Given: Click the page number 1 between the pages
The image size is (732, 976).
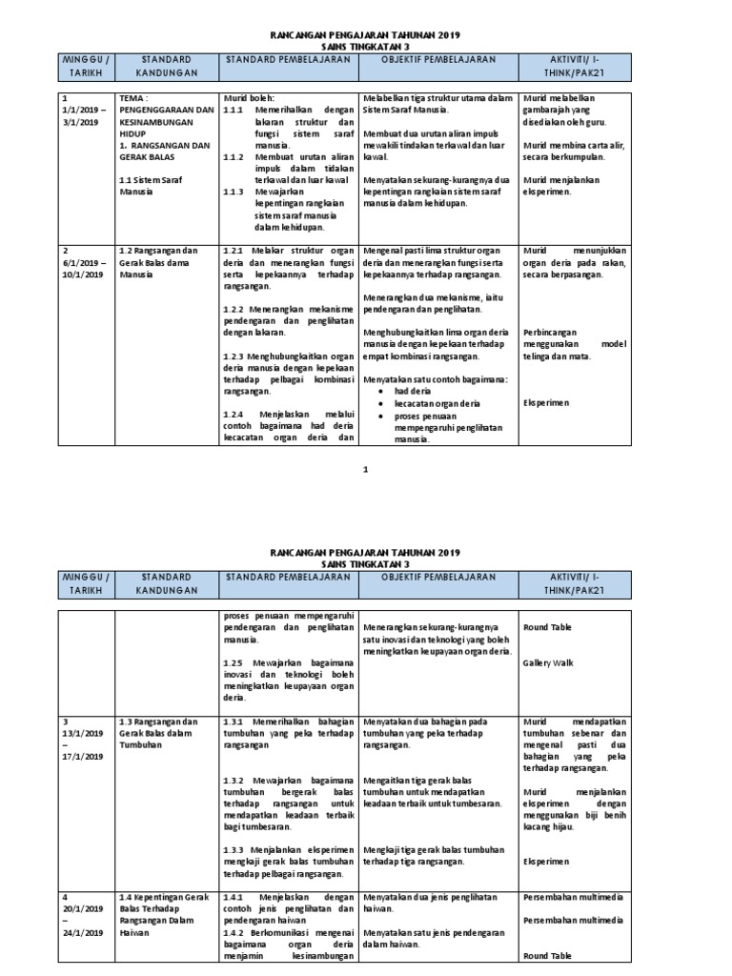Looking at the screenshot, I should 365,469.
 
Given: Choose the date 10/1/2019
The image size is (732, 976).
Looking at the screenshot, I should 82,274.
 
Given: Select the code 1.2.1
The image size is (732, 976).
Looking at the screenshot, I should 234,250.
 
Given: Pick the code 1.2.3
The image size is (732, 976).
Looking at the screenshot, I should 234,355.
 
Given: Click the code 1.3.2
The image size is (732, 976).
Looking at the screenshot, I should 234,779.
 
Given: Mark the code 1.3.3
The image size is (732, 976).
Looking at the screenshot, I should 234,848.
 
